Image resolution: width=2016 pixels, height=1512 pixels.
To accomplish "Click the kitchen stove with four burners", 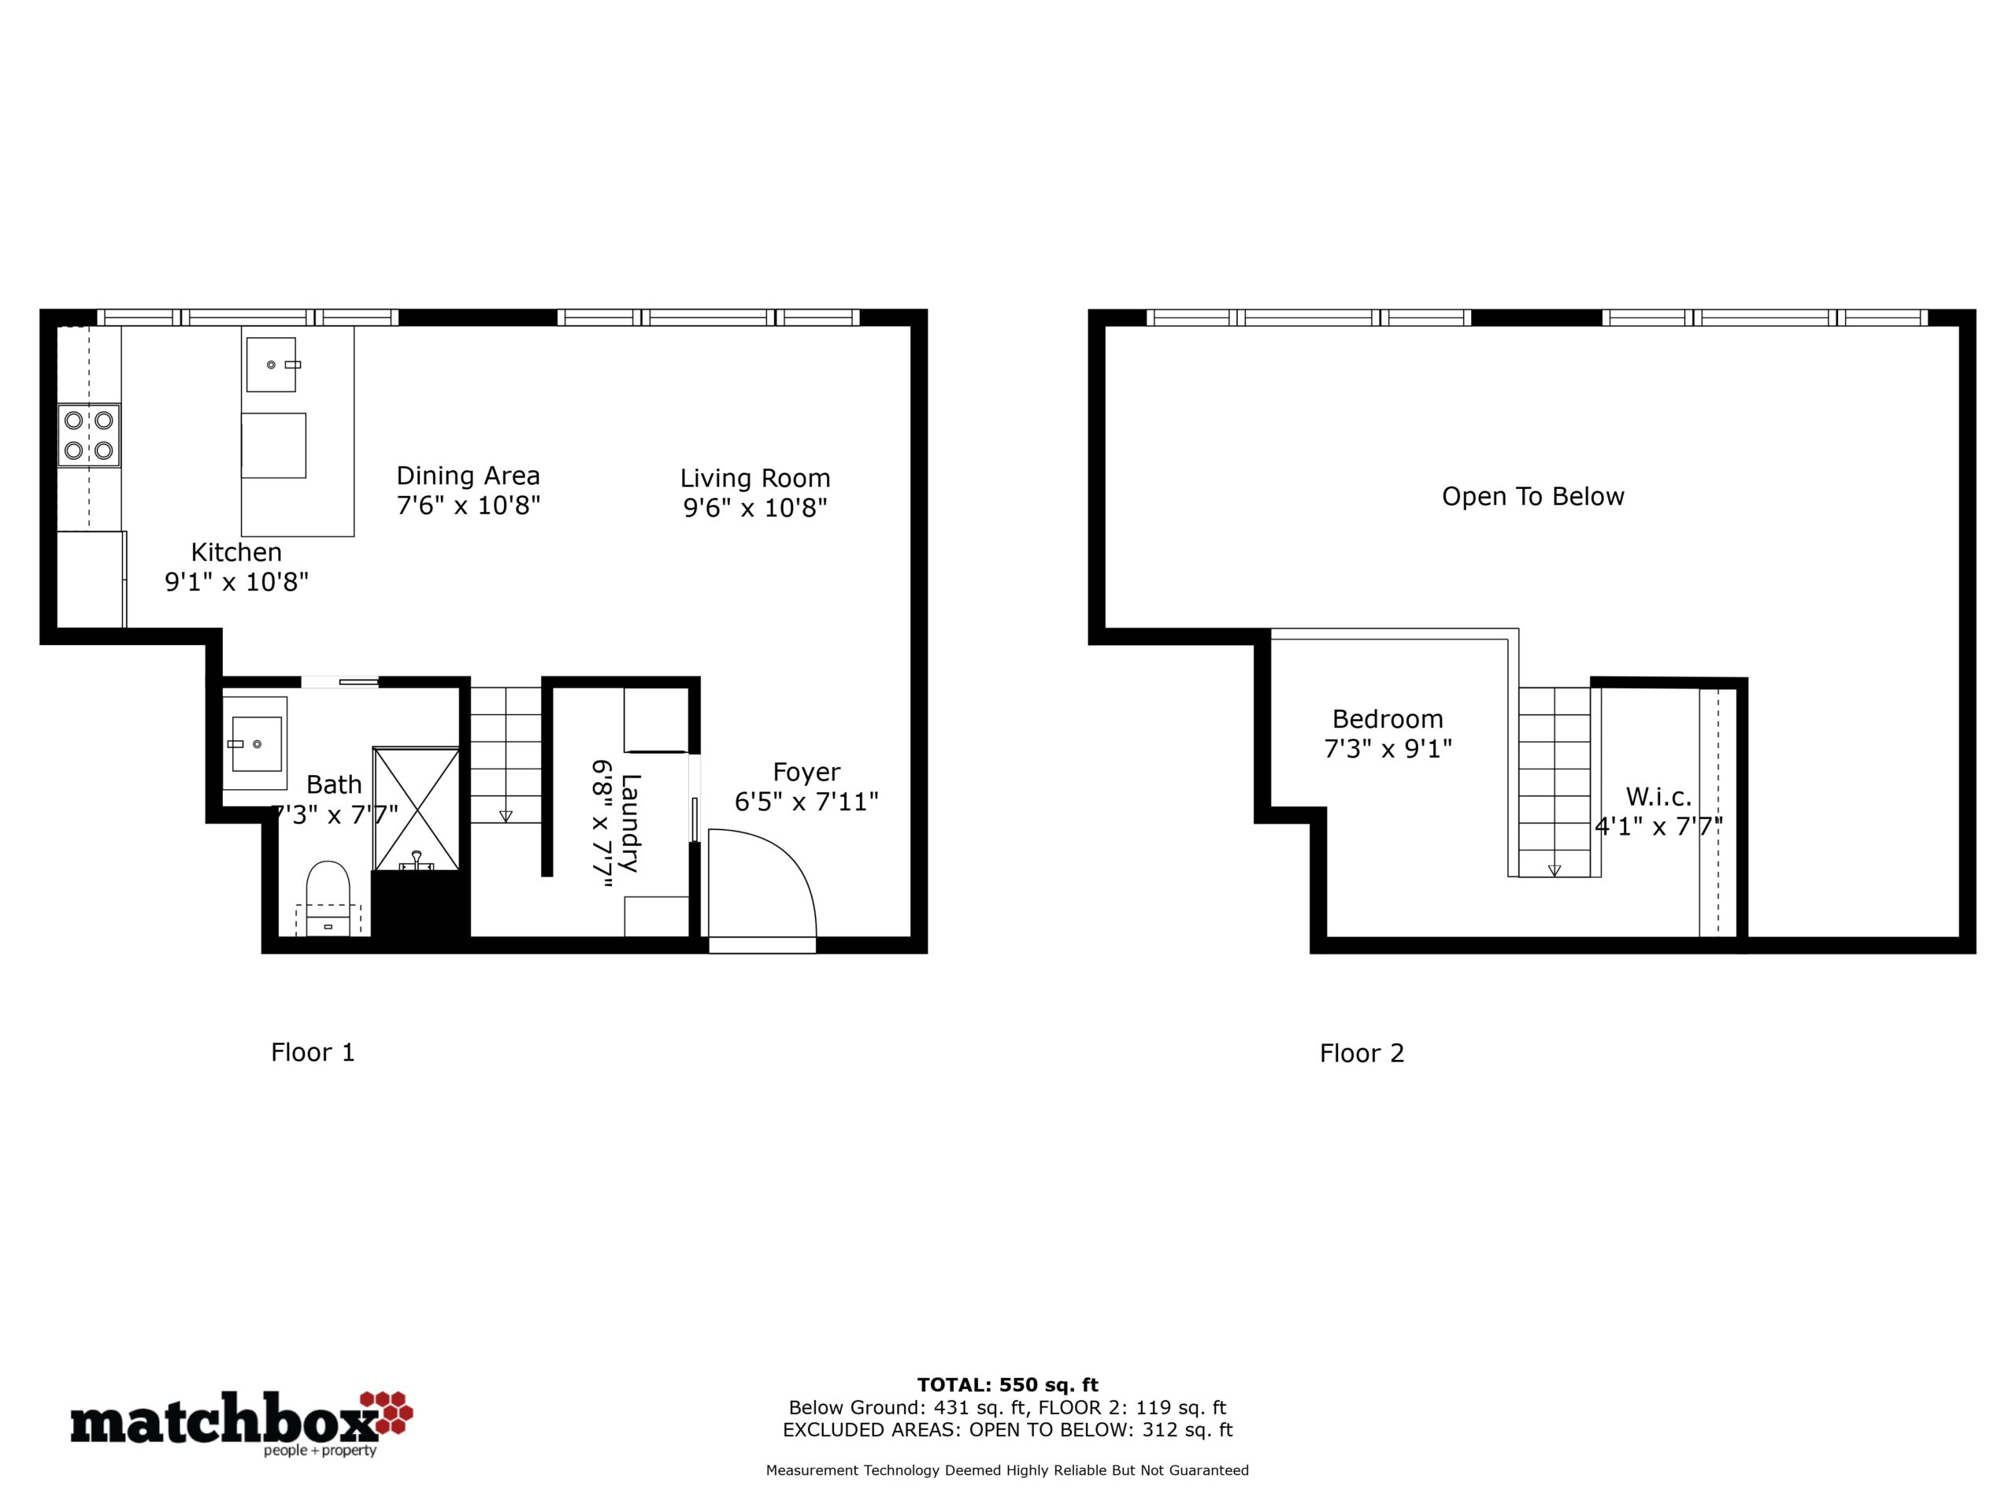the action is coord(89,435).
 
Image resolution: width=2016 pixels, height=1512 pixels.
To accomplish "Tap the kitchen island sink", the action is coord(272,365).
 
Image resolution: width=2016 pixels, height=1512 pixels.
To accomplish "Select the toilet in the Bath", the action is coord(328,899).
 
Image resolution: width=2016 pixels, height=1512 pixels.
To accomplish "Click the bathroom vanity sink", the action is coord(256,743).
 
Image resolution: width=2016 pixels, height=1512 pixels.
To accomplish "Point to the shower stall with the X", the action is coord(417,810).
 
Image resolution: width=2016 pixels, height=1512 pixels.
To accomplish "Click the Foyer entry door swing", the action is coord(762,882).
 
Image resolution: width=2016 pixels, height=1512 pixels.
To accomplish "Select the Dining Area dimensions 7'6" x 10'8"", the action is coord(469,505).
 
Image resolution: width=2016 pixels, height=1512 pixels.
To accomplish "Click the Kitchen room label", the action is coord(236,552).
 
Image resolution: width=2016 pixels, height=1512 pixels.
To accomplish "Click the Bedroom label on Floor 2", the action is coord(1387,719).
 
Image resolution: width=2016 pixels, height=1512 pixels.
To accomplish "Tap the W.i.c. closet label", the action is coord(1658,797).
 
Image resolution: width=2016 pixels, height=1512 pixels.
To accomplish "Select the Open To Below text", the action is coord(1533,497).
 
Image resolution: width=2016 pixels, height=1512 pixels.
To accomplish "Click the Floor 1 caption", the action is coord(313,1053).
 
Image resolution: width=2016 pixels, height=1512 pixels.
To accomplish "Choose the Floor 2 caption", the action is coord(1362,1054).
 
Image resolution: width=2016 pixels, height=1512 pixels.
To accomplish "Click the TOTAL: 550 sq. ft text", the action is coord(1008,1385).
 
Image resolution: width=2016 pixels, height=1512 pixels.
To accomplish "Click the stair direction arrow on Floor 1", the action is coord(506,816).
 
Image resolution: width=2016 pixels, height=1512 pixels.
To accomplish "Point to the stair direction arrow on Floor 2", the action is coord(1554,870).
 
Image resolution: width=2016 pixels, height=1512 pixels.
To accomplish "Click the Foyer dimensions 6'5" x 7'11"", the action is coord(806,802).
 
